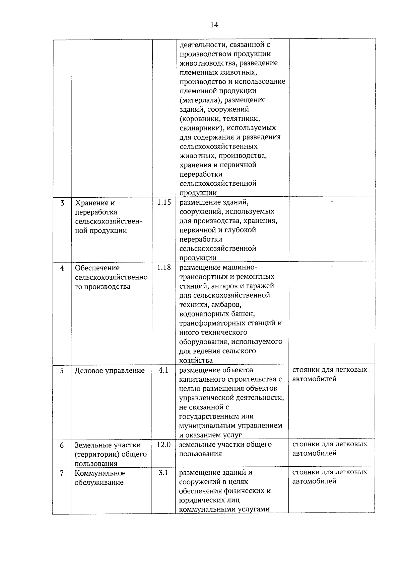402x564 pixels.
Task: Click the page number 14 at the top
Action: point(214,25)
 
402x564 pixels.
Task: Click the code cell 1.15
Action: point(164,202)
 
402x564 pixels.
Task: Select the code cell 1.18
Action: point(164,267)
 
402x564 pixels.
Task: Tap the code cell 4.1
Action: point(163,370)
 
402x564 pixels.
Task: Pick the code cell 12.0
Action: point(164,445)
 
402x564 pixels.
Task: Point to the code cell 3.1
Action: point(163,473)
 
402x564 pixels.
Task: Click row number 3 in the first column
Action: point(62,203)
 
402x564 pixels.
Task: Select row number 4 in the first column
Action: point(62,268)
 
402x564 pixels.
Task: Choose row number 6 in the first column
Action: point(62,445)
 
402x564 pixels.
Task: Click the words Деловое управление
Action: point(110,371)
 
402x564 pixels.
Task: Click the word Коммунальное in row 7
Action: point(100,473)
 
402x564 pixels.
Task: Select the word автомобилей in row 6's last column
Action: point(314,453)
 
